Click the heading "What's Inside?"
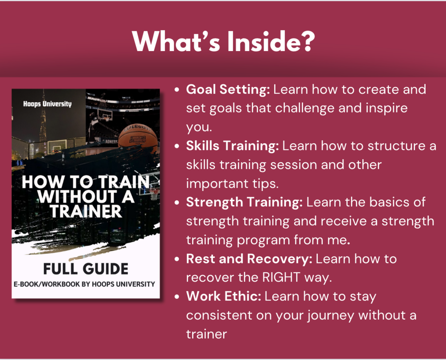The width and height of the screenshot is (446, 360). tap(223, 41)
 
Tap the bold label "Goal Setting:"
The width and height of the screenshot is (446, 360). tap(228, 90)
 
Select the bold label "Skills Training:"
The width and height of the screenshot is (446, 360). tap(233, 146)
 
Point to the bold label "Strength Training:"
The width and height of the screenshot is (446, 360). tap(245, 202)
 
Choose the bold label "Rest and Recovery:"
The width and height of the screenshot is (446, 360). tap(249, 259)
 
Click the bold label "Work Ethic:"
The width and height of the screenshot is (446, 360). tap(224, 296)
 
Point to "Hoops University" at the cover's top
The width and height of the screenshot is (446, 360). tap(47, 104)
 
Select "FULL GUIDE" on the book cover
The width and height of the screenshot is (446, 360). tap(86, 269)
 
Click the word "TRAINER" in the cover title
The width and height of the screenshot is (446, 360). tap(86, 211)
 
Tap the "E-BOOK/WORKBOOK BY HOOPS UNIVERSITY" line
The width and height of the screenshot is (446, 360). tap(84, 284)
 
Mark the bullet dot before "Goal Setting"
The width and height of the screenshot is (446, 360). tap(177, 90)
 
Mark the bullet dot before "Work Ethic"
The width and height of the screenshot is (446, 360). tap(177, 297)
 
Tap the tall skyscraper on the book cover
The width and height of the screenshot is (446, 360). tap(43, 119)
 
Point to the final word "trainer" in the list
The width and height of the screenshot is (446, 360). tap(206, 334)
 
